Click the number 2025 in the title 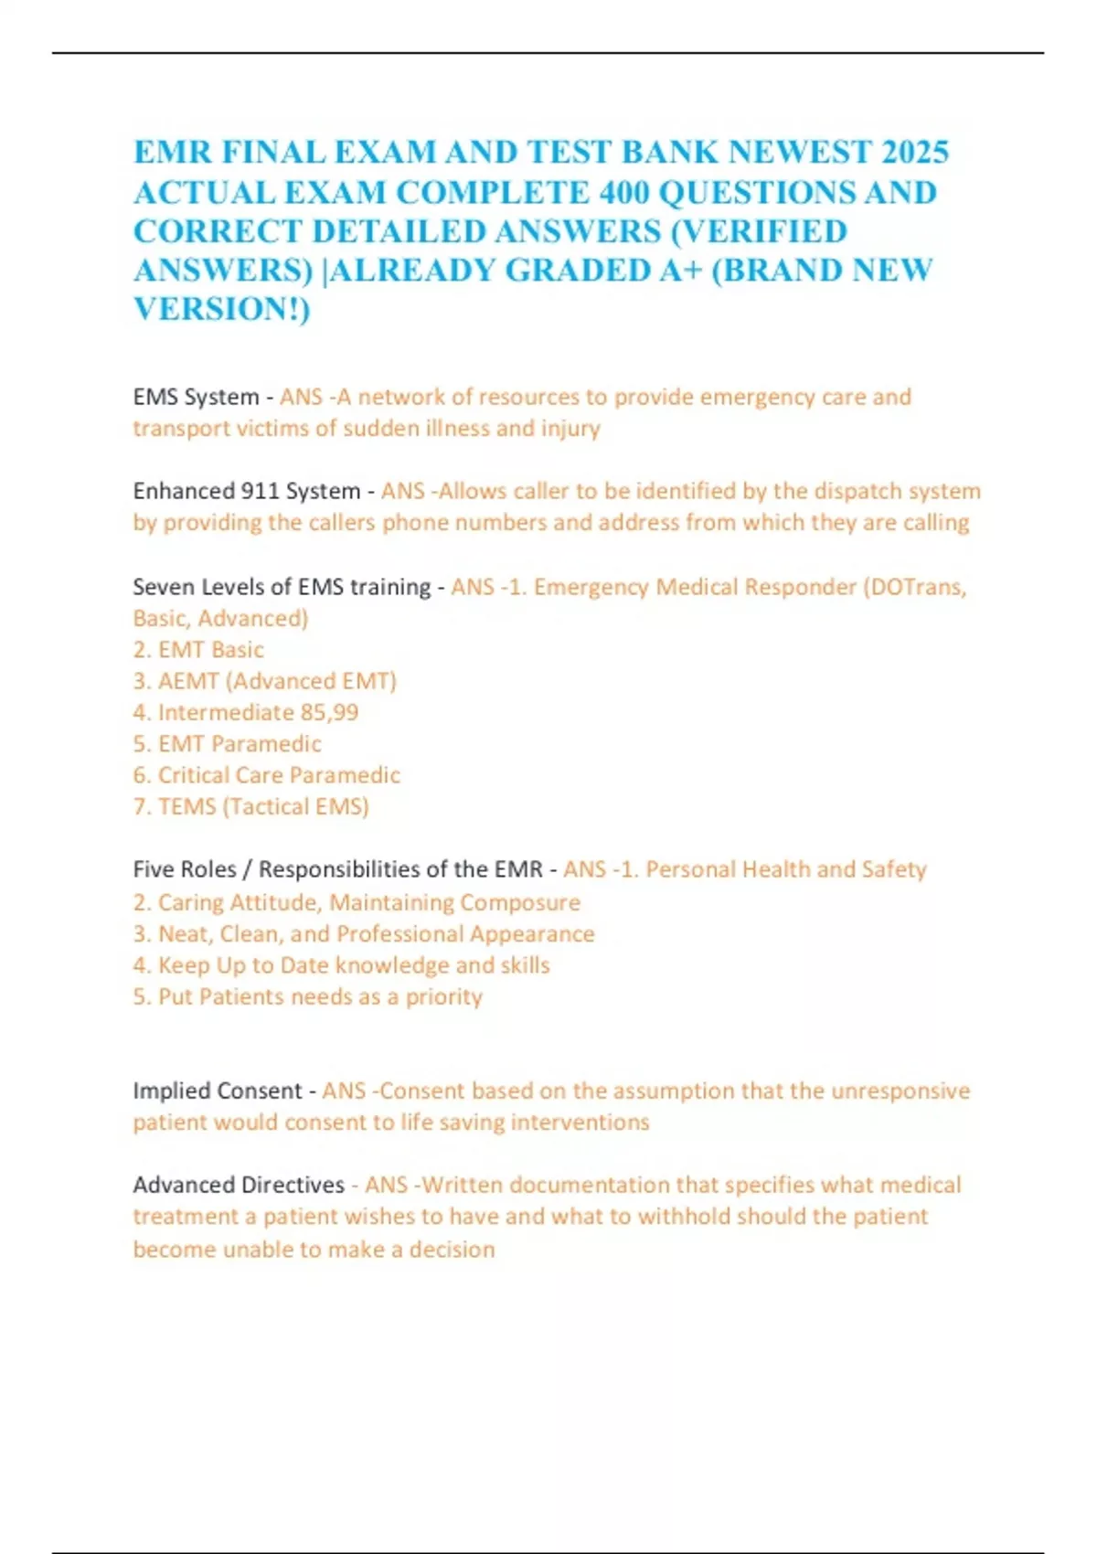pos(914,152)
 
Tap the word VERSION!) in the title pos(222,309)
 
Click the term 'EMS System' pos(196,397)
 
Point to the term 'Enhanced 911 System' pos(247,491)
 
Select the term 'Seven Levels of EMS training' pos(282,586)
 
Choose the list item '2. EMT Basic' pos(198,650)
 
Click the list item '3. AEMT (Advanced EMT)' pos(264,681)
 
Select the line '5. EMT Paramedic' pos(227,744)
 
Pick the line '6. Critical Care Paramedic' pos(266,775)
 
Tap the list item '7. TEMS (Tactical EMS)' pos(250,806)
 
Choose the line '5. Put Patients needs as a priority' pos(307,996)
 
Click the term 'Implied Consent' pos(217,1091)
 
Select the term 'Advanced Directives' pos(239,1185)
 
